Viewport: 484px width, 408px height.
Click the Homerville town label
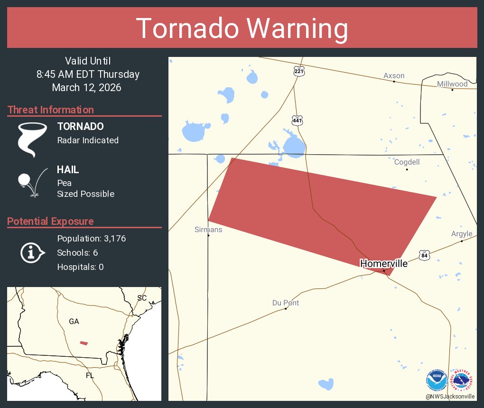pyautogui.click(x=383, y=263)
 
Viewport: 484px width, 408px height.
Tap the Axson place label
pyautogui.click(x=394, y=76)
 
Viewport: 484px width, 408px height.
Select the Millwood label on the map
pyautogui.click(x=452, y=84)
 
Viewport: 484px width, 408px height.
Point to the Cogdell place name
pyautogui.click(x=407, y=162)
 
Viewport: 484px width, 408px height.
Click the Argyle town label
pyautogui.click(x=461, y=234)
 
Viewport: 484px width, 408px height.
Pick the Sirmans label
pyautogui.click(x=208, y=230)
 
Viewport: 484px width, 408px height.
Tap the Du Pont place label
pyautogui.click(x=286, y=303)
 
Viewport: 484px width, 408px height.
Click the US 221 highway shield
pyautogui.click(x=298, y=72)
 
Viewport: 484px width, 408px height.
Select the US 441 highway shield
pyautogui.click(x=297, y=121)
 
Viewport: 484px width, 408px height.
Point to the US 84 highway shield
pyautogui.click(x=424, y=255)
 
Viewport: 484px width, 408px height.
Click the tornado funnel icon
pyautogui.click(x=32, y=139)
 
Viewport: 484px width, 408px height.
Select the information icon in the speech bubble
pyautogui.click(x=32, y=253)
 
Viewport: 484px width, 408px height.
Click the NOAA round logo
pyautogui.click(x=437, y=380)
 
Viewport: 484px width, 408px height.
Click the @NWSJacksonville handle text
pyautogui.click(x=450, y=396)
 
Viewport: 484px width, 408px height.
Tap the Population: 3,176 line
pyautogui.click(x=91, y=239)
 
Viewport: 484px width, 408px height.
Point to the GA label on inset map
pyautogui.click(x=74, y=321)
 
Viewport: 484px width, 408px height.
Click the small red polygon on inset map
pyautogui.click(x=84, y=343)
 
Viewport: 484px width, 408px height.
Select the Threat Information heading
pyautogui.click(x=51, y=110)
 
